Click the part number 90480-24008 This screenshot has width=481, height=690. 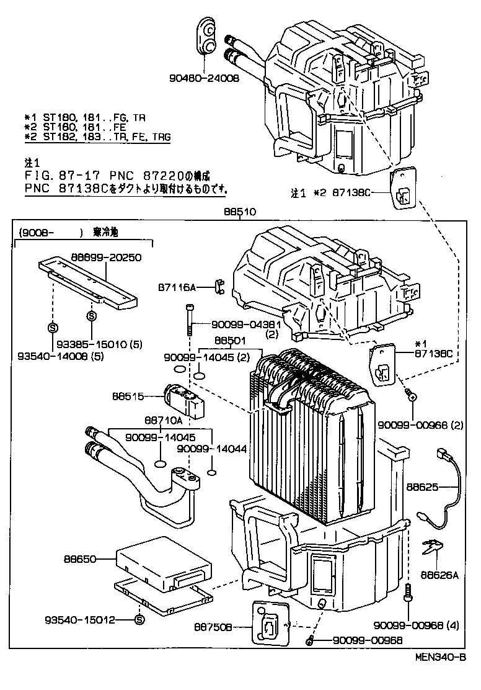203,78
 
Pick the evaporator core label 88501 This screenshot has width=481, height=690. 230,341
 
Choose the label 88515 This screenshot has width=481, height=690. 128,396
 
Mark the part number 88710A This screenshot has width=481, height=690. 162,419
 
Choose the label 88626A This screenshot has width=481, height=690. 439,575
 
